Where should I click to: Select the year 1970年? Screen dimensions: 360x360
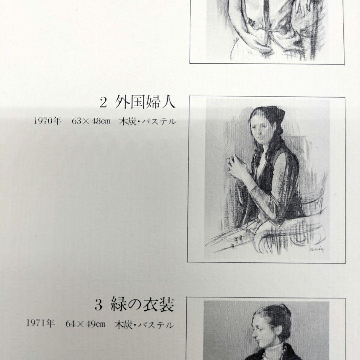click(48, 122)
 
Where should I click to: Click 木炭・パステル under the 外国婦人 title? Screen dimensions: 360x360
click(147, 122)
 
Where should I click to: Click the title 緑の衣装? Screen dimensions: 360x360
click(144, 306)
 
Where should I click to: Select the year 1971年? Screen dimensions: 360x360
click(40, 324)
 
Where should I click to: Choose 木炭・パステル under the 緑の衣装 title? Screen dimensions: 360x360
click(144, 324)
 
